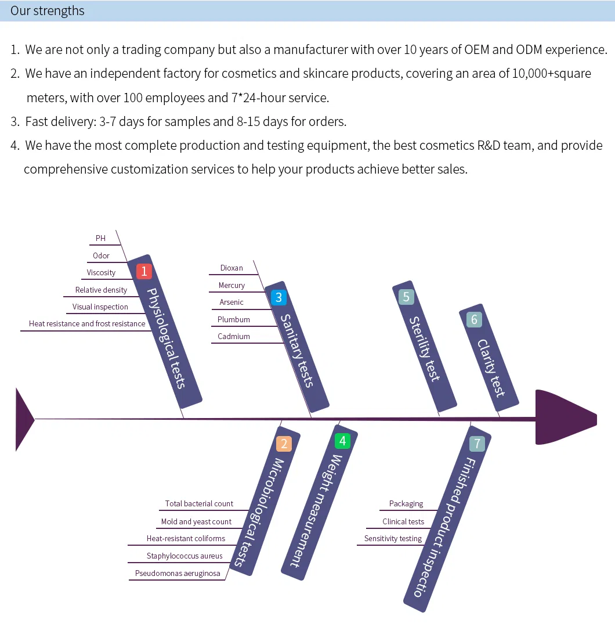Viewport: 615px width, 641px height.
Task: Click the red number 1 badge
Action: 144,271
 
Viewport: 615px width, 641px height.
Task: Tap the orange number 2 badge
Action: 284,444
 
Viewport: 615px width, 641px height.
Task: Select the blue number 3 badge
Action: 278,298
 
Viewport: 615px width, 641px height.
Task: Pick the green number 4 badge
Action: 342,441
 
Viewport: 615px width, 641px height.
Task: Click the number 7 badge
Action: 477,444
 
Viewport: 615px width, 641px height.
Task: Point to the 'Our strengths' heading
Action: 48,11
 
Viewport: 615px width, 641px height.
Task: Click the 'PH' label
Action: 101,238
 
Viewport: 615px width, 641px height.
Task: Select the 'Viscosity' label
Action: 101,272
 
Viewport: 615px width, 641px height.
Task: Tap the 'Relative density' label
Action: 101,290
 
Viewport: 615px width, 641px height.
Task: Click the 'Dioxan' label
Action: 231,268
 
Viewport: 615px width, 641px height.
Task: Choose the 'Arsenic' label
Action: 231,302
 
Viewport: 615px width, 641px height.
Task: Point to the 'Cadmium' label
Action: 234,336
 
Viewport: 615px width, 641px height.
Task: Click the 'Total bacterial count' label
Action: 199,503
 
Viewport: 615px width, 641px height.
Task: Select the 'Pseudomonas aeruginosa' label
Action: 178,573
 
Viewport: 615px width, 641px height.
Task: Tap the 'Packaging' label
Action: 406,503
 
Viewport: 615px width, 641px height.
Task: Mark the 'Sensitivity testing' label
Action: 393,538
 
